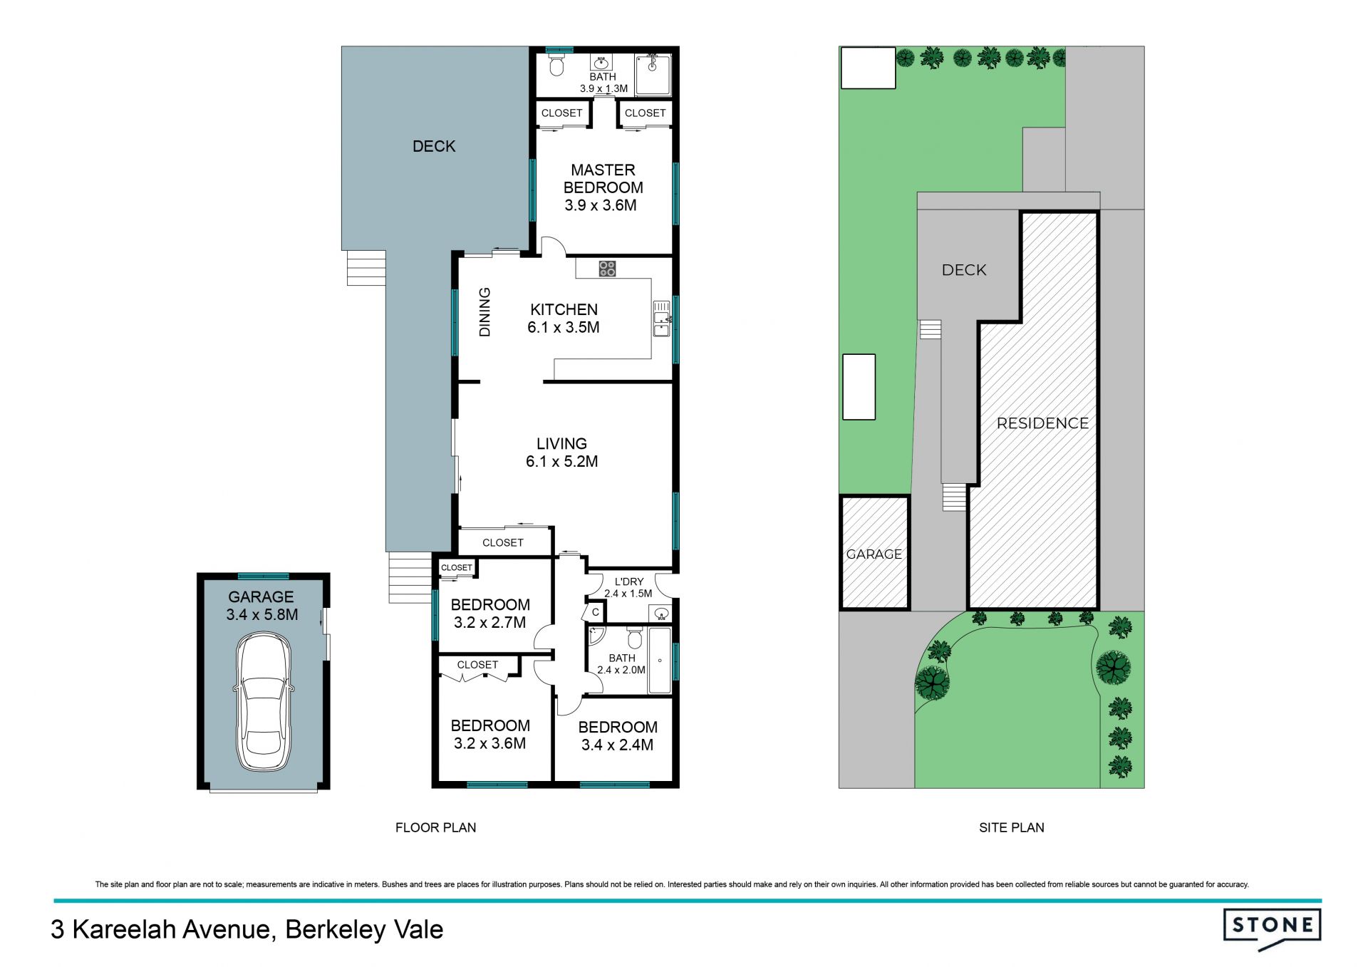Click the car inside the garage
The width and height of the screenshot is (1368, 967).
click(x=263, y=703)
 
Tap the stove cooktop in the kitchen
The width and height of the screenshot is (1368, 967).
click(x=607, y=269)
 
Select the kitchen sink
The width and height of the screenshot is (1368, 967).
click(x=662, y=319)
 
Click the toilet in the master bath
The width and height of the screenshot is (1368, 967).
click(x=556, y=66)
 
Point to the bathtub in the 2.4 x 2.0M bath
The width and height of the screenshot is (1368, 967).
click(x=660, y=661)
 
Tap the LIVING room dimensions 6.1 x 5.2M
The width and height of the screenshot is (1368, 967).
click(x=562, y=462)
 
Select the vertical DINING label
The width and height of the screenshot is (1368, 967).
click(x=484, y=311)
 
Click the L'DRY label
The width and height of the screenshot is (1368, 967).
click(x=629, y=581)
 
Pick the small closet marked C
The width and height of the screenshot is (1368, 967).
click(x=595, y=612)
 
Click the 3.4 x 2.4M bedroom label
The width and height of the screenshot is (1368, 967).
click(x=618, y=736)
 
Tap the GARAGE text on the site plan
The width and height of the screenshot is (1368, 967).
click(x=874, y=554)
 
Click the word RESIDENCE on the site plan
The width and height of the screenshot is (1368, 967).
click(x=1043, y=423)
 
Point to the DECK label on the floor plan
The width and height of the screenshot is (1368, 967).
click(x=434, y=146)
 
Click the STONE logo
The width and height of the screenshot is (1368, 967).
click(x=1273, y=929)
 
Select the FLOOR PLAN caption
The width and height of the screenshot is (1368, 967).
click(x=436, y=827)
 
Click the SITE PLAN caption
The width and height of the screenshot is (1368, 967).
click(x=1012, y=827)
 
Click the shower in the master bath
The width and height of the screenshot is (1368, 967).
click(x=653, y=75)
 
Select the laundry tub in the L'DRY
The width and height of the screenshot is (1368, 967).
click(x=661, y=613)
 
